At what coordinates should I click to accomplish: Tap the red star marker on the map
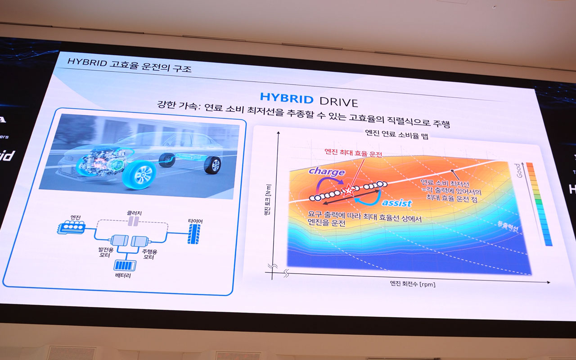[x=348, y=190]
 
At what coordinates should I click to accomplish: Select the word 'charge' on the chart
[x=327, y=171]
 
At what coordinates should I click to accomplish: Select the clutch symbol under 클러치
[x=133, y=221]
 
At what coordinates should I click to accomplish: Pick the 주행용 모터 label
[x=149, y=254]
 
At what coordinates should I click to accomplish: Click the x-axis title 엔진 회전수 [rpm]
[x=412, y=284]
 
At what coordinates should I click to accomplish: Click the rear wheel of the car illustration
[x=213, y=165]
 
